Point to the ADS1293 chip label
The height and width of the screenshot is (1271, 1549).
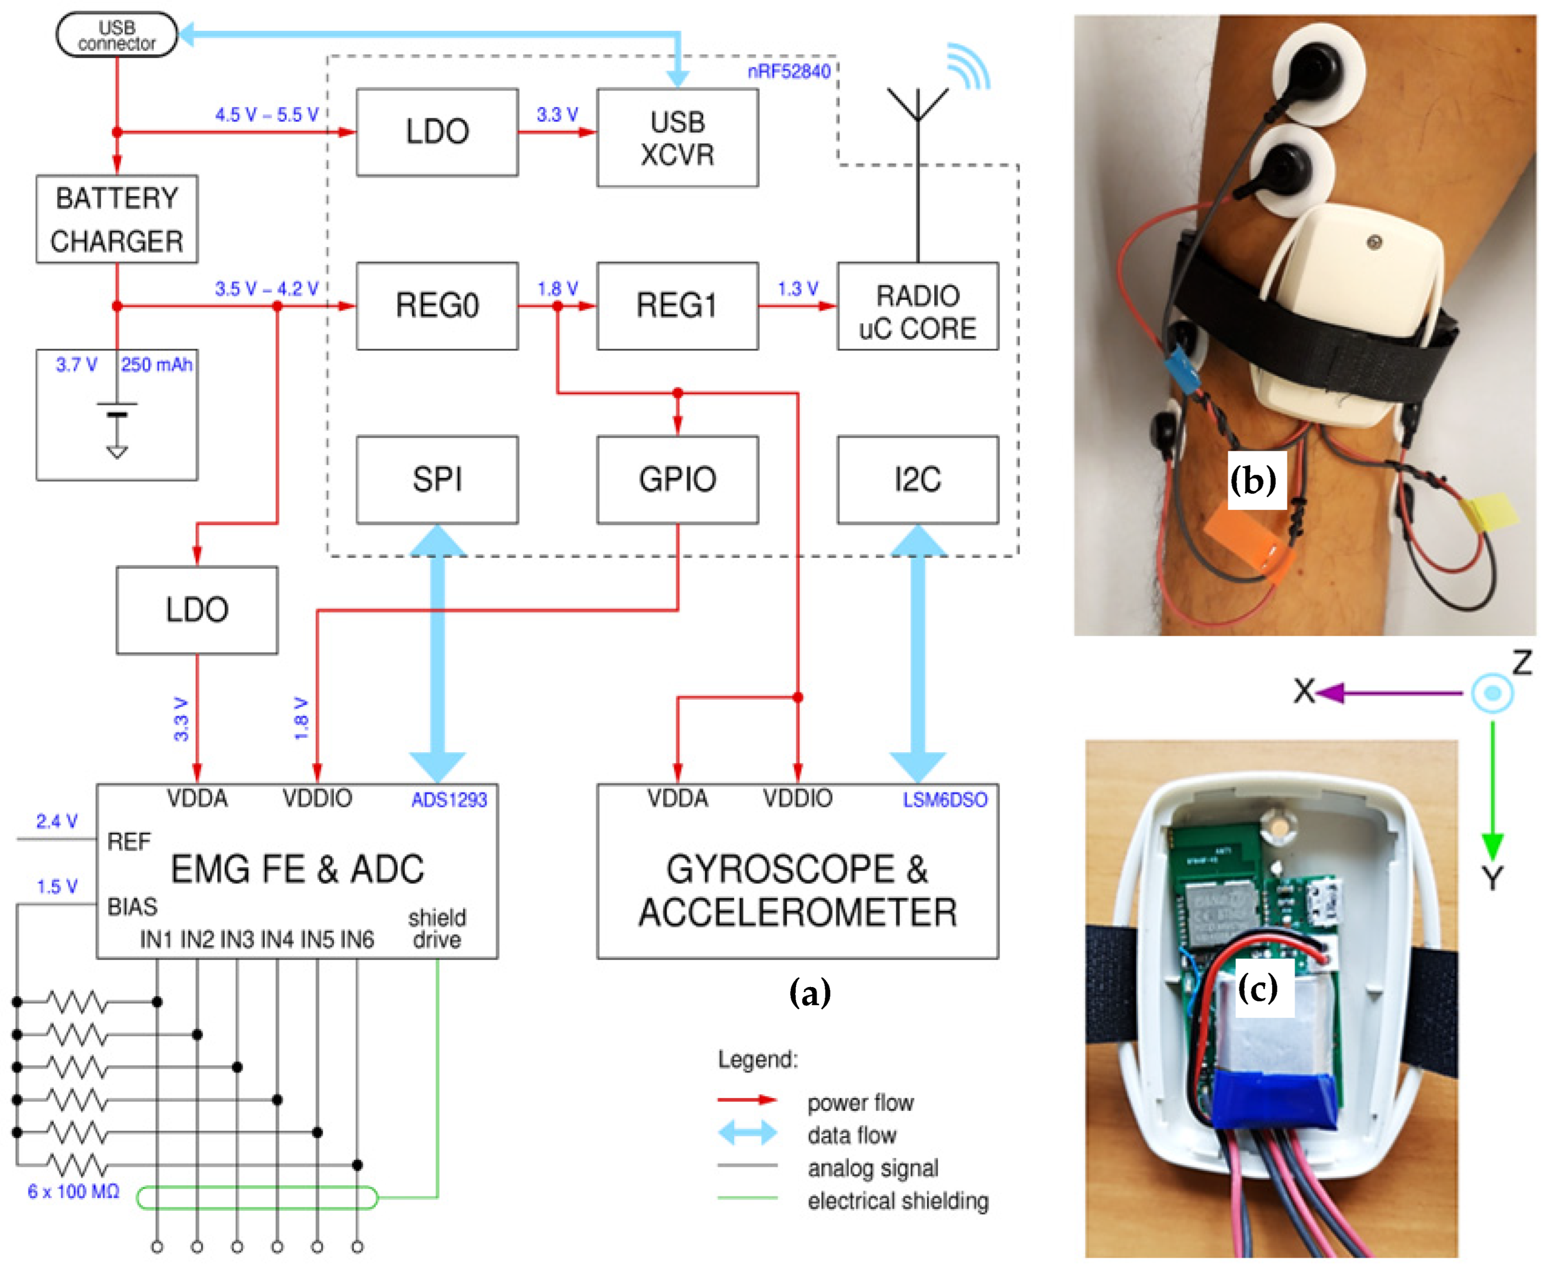449,800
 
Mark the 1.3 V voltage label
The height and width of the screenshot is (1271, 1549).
797,289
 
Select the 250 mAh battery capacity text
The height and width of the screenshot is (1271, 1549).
157,365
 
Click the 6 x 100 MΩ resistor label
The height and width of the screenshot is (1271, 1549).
73,1191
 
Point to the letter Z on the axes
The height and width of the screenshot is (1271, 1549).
1522,663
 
